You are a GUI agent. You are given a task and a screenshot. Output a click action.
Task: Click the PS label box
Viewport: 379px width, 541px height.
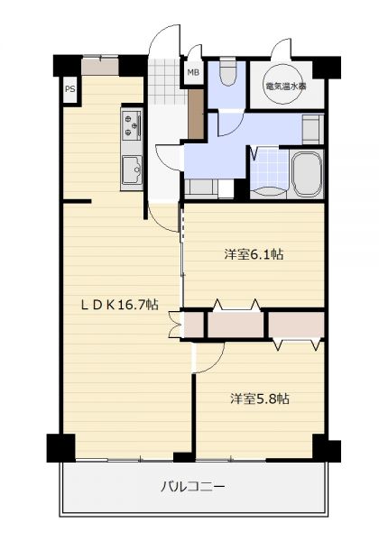point(70,89)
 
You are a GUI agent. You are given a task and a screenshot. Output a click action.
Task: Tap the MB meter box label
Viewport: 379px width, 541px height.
point(193,72)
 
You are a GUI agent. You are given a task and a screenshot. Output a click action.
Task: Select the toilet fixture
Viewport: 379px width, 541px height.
point(226,71)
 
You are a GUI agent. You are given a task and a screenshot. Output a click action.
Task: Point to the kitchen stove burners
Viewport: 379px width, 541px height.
point(132,125)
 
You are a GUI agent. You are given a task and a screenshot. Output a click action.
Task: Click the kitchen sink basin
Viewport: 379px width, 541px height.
point(132,170)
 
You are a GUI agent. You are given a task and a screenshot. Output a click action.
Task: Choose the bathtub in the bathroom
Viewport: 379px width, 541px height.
point(307,173)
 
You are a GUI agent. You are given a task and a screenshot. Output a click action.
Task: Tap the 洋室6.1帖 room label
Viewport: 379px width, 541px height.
point(254,254)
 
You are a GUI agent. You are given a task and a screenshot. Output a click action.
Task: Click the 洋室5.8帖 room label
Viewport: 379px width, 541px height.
point(260,399)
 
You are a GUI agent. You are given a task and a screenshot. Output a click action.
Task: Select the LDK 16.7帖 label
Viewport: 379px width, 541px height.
point(119,305)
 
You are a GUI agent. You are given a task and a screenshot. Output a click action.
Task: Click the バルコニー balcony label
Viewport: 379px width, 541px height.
point(193,487)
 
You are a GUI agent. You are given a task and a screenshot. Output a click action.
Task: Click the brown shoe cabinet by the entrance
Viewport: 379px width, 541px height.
point(196,115)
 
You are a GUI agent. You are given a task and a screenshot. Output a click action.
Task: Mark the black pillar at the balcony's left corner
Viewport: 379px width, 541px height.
point(61,447)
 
